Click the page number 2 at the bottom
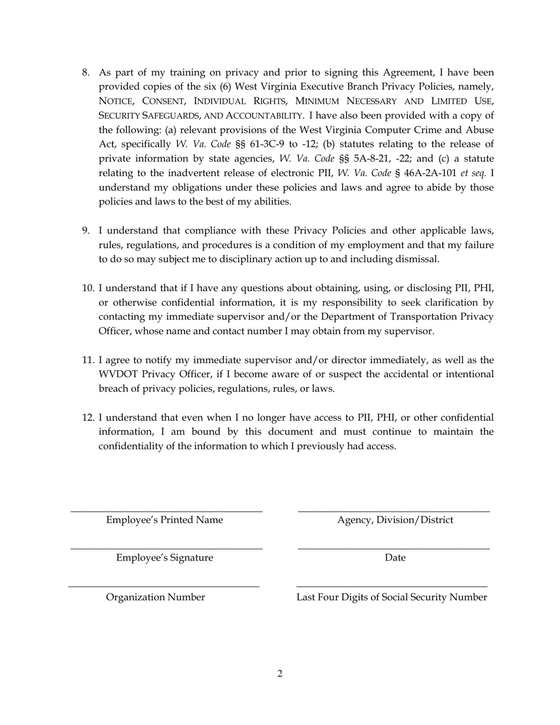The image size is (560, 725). pos(279,674)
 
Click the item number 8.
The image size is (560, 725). pos(86,72)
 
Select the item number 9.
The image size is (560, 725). pos(86,230)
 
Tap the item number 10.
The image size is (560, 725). pos(88,288)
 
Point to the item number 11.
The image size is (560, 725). pos(88,360)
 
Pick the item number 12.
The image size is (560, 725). pos(88,418)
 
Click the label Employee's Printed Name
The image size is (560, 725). pos(164,520)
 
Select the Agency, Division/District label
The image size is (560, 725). pos(395,520)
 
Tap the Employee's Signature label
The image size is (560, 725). pos(164,558)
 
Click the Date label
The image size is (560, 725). pos(395,558)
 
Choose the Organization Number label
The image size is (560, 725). pos(156,598)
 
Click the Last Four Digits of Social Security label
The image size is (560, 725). pos(391,598)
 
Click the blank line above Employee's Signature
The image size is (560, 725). pos(166,549)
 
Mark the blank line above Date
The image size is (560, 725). pos(394,549)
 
